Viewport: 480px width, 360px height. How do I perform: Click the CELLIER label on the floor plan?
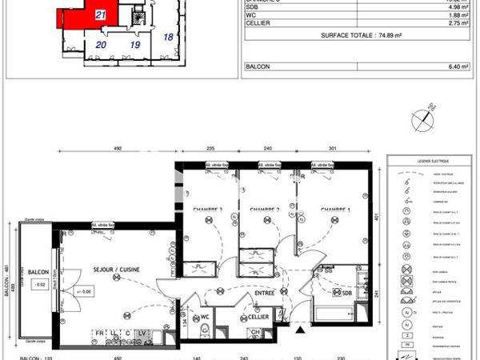tap(258, 317)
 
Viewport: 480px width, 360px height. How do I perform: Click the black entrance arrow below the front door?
tap(300, 328)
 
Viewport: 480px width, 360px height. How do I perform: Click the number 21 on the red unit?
tap(99, 14)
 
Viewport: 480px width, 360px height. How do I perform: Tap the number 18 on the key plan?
tap(168, 37)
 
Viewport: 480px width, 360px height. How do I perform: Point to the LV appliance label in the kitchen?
tap(142, 332)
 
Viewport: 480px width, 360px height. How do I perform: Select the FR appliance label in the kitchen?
tap(100, 332)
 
